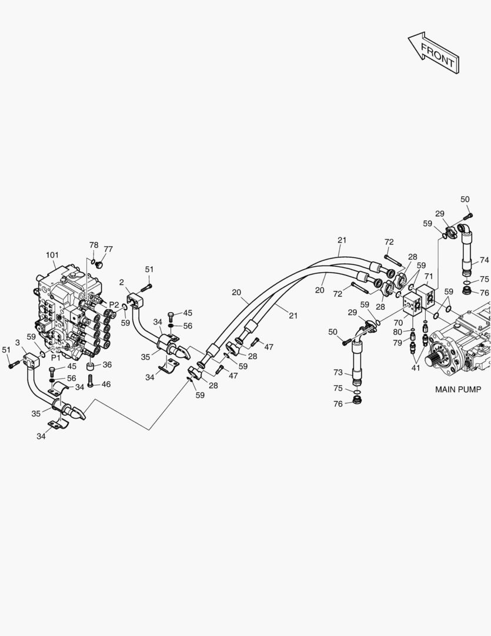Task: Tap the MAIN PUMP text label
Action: [457, 389]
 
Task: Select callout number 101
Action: [53, 255]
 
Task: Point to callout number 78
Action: [93, 245]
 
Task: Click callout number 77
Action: [108, 249]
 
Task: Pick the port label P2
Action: [114, 305]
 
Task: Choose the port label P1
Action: [55, 357]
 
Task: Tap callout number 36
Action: [107, 365]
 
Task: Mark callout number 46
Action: [106, 384]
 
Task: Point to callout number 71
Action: [429, 276]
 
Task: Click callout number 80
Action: [398, 332]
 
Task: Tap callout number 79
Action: [398, 343]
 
